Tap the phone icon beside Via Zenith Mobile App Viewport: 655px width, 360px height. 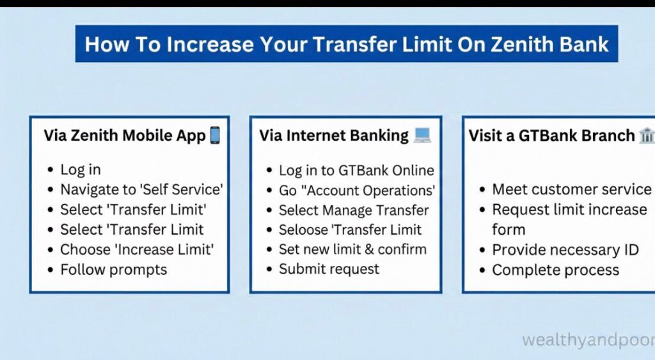[x=215, y=136]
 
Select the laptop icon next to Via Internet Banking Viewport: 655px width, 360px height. [x=422, y=136]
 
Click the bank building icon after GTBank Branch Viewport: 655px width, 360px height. [x=646, y=136]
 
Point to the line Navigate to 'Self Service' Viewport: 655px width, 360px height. [x=141, y=190]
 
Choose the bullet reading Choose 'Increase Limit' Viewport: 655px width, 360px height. [x=137, y=249]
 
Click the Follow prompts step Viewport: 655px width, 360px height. [x=113, y=269]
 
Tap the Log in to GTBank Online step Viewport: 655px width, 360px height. [x=356, y=171]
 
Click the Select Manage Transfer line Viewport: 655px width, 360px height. [x=354, y=210]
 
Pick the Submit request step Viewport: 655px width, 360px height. [x=329, y=269]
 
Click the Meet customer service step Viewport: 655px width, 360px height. [x=571, y=190]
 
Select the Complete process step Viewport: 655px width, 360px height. [x=555, y=270]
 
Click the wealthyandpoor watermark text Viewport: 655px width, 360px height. [x=588, y=340]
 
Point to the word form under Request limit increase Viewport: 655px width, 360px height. [x=509, y=230]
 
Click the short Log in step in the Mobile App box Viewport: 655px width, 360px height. [x=81, y=170]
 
